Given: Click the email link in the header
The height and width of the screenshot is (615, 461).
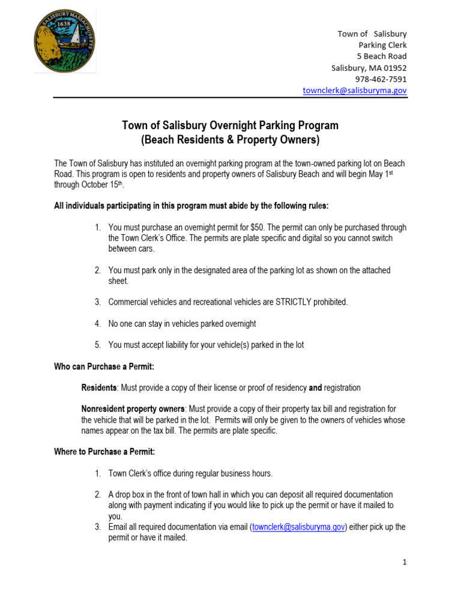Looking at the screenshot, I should [x=355, y=90].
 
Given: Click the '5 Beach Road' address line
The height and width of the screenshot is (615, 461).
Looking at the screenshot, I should [x=382, y=56].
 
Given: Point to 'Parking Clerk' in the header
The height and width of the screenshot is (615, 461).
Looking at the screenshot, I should [x=382, y=45].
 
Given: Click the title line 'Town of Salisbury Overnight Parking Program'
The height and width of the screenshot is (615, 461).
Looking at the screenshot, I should [x=230, y=126].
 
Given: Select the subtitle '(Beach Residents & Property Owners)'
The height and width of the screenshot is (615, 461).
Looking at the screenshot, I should [x=230, y=141].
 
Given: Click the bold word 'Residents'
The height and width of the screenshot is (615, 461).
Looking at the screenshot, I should [x=99, y=388].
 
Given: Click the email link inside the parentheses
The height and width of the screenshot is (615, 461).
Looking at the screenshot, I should [x=299, y=527].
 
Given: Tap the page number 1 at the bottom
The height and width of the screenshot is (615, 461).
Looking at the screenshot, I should [x=405, y=562].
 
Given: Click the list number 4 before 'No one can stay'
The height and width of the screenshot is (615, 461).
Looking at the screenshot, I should [x=97, y=324].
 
